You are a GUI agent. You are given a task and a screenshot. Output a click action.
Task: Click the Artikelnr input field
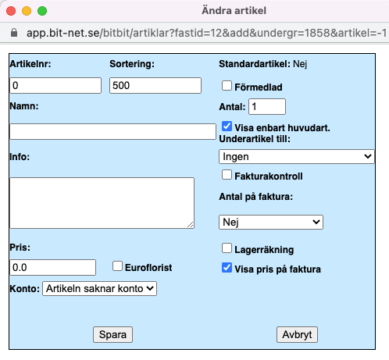tap(55, 85)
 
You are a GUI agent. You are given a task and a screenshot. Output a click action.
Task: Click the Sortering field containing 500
tap(155, 85)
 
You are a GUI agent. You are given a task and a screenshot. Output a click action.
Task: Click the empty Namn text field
tap(112, 131)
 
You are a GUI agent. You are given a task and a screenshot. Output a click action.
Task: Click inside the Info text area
tap(102, 203)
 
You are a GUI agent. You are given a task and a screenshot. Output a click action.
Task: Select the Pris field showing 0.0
tap(52, 267)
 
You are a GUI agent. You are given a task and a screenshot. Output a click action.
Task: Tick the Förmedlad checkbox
tap(227, 85)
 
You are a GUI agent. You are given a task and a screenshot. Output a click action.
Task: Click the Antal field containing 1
tap(267, 106)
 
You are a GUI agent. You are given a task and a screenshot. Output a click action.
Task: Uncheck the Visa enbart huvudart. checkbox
tap(227, 127)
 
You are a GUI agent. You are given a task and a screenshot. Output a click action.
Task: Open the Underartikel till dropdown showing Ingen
tap(297, 156)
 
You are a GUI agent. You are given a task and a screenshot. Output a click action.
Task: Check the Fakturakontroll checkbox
tap(227, 175)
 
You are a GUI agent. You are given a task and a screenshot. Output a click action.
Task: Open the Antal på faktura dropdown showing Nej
tap(271, 222)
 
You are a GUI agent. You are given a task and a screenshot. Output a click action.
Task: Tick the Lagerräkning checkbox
tap(227, 248)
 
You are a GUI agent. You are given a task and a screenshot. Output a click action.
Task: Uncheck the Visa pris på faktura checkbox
tap(227, 268)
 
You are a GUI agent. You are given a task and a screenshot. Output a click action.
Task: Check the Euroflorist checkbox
tap(117, 266)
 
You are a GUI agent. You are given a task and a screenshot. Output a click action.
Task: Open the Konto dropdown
tap(99, 288)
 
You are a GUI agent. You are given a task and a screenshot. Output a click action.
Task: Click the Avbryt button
tap(297, 334)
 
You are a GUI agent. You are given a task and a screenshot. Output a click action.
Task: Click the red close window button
tap(11, 11)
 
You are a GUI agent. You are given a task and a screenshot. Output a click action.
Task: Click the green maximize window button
tap(42, 11)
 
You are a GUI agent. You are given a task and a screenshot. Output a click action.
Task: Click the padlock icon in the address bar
tap(14, 33)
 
